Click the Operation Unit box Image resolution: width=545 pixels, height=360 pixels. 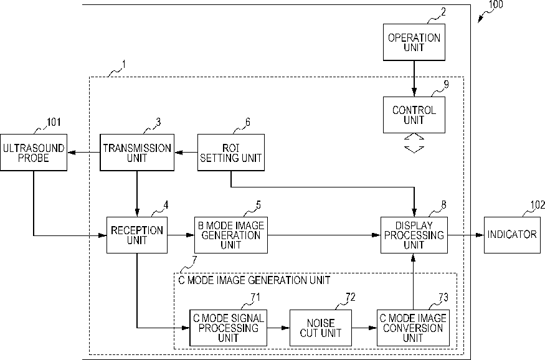[x=414, y=42]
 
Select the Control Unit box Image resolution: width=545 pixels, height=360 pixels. [x=414, y=115]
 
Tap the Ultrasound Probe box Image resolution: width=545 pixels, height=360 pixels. [x=34, y=153]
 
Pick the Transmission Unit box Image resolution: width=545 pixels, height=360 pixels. [x=137, y=153]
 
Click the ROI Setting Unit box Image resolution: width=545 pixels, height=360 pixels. [x=231, y=153]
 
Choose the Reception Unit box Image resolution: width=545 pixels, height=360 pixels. [x=137, y=235]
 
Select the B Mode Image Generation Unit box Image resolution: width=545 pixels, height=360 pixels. [x=231, y=235]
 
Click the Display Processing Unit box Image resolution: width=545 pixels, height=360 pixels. [x=414, y=235]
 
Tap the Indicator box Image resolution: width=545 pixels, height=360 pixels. [x=512, y=235]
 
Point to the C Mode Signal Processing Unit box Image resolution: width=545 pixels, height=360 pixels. [x=229, y=328]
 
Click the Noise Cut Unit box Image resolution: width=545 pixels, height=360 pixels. [x=321, y=328]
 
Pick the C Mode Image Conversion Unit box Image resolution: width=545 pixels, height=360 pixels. [x=413, y=328]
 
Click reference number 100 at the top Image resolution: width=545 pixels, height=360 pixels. [x=496, y=4]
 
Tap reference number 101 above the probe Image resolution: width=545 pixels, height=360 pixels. [x=54, y=122]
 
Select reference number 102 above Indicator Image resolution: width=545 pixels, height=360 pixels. [x=538, y=205]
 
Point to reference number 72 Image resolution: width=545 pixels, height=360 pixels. [x=350, y=297]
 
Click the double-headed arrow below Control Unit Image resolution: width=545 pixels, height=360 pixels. [x=414, y=143]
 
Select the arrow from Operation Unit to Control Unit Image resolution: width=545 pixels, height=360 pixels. [x=414, y=78]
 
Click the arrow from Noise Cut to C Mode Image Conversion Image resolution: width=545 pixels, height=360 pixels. [x=364, y=328]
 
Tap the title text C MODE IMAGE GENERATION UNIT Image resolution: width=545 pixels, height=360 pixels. [x=254, y=280]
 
